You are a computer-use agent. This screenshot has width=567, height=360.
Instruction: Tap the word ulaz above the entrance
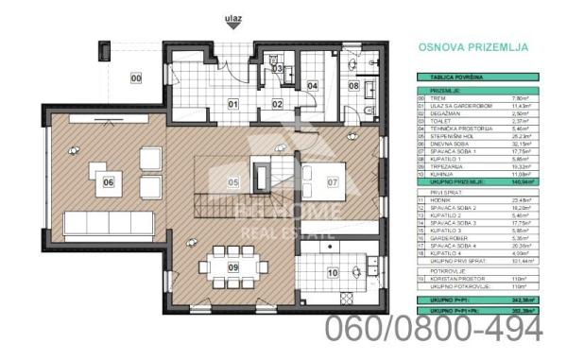233,17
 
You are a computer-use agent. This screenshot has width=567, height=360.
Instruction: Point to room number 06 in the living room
110,182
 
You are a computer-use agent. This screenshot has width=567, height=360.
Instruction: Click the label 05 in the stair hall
232,182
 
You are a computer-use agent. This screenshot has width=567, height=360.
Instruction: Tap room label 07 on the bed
333,180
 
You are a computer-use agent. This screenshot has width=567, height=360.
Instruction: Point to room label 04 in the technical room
312,85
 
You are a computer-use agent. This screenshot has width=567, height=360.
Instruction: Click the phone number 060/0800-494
435,328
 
